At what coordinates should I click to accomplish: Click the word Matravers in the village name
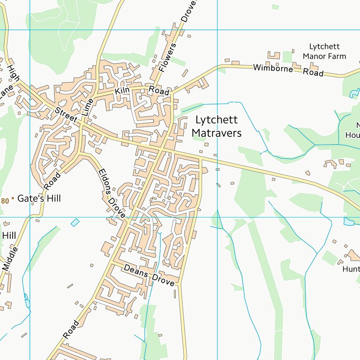click(x=217, y=133)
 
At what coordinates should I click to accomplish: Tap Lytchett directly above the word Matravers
click(x=217, y=120)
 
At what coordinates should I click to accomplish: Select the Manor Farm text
click(x=324, y=56)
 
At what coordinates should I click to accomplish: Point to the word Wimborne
click(x=273, y=68)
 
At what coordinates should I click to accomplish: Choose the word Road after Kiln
click(x=159, y=91)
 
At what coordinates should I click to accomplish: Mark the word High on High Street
click(x=13, y=73)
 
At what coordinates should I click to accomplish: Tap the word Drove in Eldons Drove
click(x=117, y=208)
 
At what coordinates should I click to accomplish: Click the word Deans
click(x=136, y=272)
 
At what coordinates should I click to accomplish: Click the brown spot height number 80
click(x=5, y=201)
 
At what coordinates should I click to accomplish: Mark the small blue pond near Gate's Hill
click(x=75, y=222)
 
